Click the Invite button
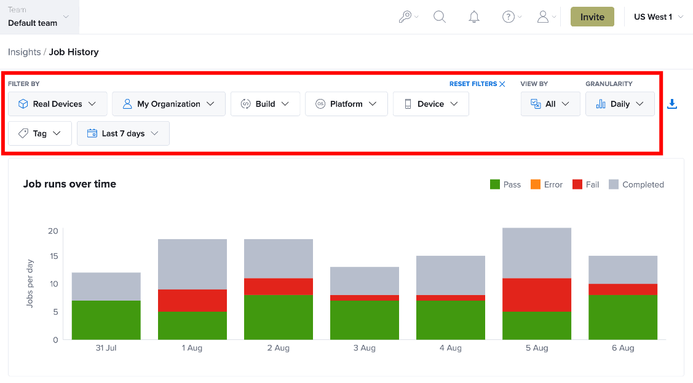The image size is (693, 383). click(x=592, y=17)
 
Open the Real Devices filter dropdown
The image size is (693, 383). click(x=57, y=104)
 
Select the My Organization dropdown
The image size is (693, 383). click(x=168, y=104)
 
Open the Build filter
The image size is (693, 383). click(x=265, y=104)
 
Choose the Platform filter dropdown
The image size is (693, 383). click(x=346, y=104)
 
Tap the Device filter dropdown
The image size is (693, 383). click(x=430, y=104)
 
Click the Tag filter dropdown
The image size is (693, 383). click(x=40, y=133)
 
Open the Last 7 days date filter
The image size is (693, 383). click(x=123, y=133)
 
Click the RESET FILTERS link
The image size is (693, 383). click(x=477, y=84)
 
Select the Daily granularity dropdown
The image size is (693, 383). click(x=620, y=104)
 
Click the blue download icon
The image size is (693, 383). click(x=671, y=104)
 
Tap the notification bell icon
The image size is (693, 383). click(x=474, y=17)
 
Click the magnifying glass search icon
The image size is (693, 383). click(x=439, y=17)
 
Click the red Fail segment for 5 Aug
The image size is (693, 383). click(x=537, y=295)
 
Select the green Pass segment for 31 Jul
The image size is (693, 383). click(x=106, y=320)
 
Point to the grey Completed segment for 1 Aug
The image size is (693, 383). click(x=192, y=264)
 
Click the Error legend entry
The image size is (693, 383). click(x=546, y=184)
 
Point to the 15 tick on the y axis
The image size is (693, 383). click(x=53, y=256)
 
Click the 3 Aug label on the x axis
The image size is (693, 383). click(x=364, y=348)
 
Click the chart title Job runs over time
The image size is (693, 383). click(x=69, y=184)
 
